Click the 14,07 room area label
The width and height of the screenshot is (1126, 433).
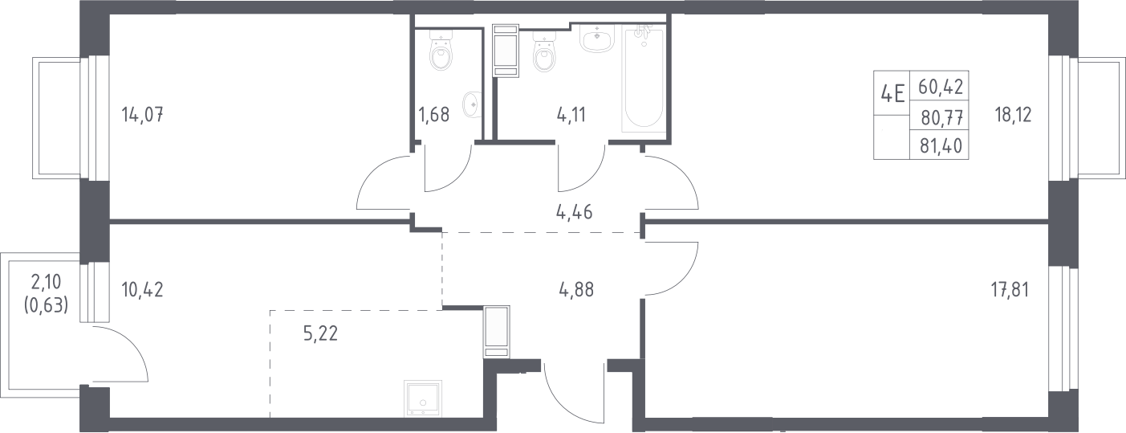pos(142,115)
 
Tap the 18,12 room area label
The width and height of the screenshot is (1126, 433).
pos(1014,115)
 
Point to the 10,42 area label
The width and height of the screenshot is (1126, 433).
pos(142,290)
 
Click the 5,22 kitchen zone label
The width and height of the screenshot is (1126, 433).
pos(321,333)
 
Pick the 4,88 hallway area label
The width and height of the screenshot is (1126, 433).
pos(576,290)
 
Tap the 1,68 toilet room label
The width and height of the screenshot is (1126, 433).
pos(434,115)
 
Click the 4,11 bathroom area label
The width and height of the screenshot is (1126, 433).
pos(571,115)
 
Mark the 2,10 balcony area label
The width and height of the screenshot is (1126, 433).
pos(47,282)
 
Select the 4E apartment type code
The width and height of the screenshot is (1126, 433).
pos(892,93)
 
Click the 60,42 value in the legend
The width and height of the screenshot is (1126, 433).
pos(941,87)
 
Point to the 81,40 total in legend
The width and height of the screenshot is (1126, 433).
pos(941,146)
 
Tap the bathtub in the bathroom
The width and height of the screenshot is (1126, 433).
pos(644,79)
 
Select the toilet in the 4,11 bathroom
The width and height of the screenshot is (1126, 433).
pos(545,53)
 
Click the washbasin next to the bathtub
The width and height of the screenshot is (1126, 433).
pos(596,39)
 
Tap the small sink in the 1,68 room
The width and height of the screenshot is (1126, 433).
pos(472,104)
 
